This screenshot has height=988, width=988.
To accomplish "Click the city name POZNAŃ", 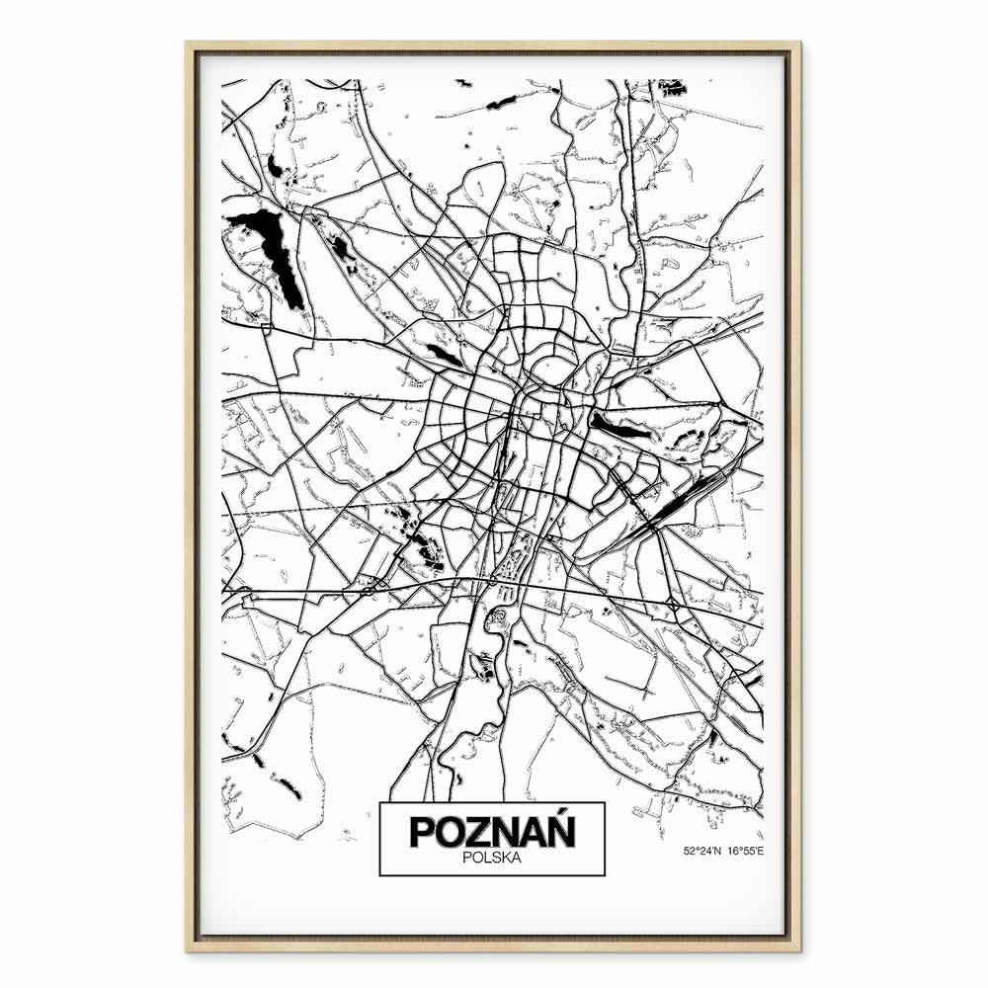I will [x=492, y=830].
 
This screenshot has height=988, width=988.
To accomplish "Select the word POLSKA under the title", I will [x=492, y=859].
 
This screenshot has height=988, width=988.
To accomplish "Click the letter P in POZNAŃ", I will [x=422, y=831].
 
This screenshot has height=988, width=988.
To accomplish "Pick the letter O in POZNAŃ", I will [x=450, y=831].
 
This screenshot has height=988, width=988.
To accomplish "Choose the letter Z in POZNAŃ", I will [x=477, y=831].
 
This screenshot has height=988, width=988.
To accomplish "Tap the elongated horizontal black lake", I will [x=618, y=426].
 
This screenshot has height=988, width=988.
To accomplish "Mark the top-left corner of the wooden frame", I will [x=188, y=43].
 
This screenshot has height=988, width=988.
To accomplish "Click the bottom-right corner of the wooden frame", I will [x=799, y=949].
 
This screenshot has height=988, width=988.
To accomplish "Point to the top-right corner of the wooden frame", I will [x=799, y=43].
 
